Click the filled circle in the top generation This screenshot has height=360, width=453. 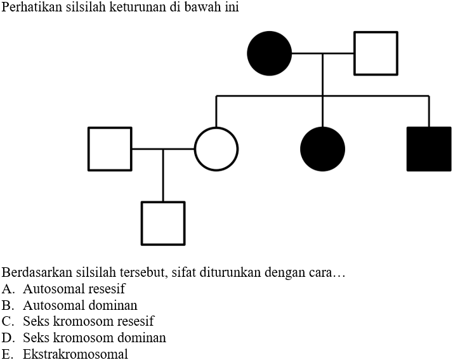[270, 53]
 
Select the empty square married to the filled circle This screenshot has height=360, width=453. [376, 53]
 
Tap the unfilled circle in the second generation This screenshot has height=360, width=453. [216, 149]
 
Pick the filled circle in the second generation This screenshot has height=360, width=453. [323, 149]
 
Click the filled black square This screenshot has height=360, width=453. [429, 149]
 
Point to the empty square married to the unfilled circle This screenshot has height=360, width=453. [110, 149]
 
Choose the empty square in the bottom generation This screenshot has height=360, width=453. [163, 223]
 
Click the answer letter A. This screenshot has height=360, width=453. [8, 289]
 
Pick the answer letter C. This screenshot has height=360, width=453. [8, 322]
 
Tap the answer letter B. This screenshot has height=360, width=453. [8, 305]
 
